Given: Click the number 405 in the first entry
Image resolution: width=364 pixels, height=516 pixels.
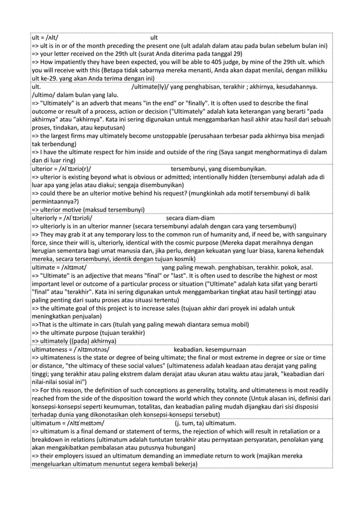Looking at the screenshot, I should point(239,62).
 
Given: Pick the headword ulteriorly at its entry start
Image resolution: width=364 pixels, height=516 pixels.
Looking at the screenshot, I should point(48,217).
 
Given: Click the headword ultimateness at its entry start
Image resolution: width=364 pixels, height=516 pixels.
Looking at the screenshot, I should point(51,348).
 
